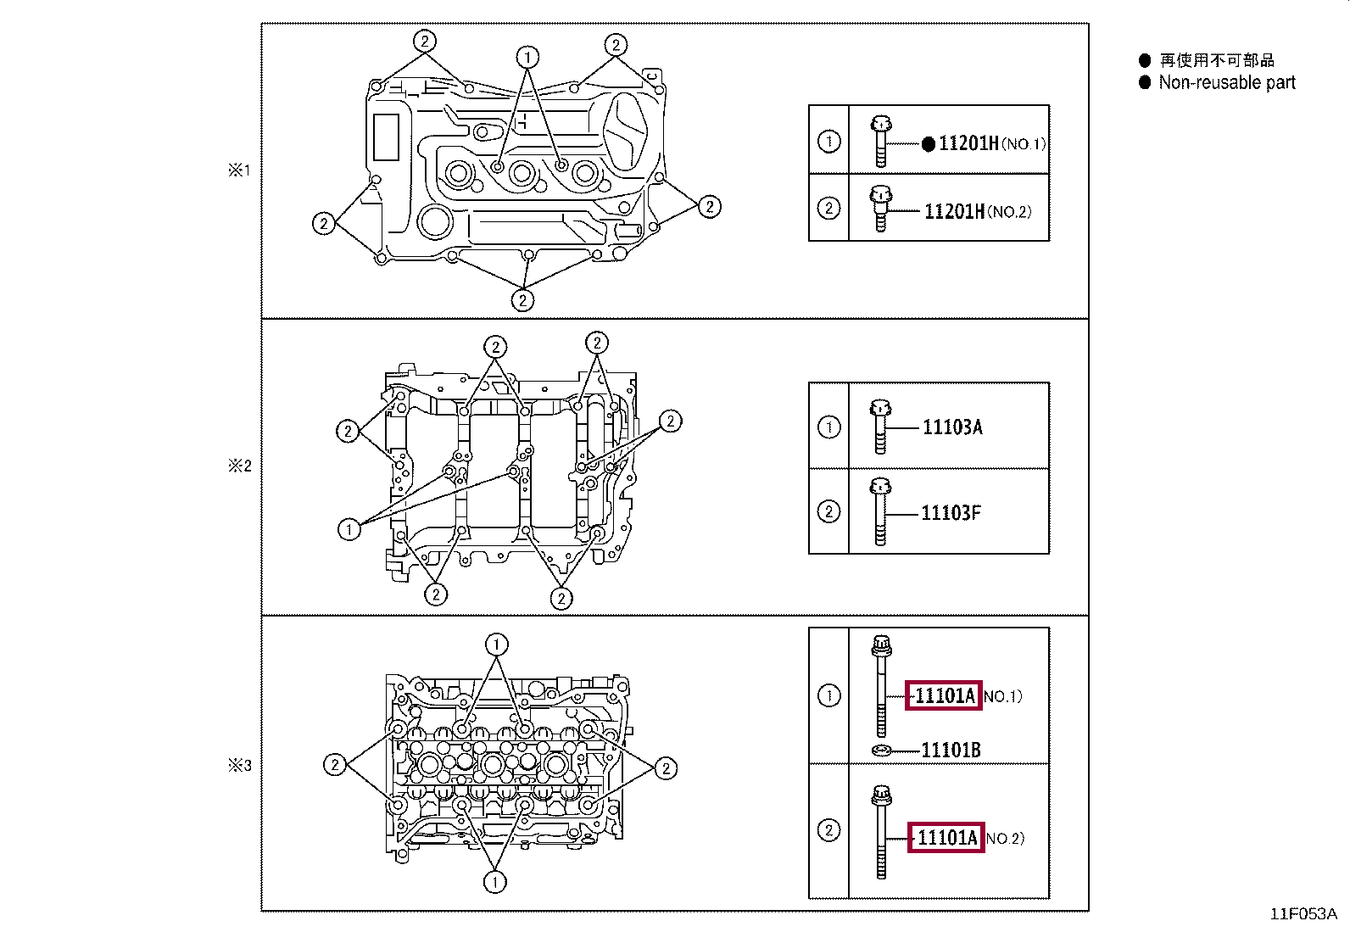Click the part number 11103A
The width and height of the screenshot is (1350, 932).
[x=952, y=427]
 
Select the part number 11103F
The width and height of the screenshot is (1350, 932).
[x=951, y=513]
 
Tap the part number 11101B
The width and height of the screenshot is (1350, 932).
[x=951, y=750]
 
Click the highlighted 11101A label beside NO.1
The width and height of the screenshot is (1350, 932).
[x=944, y=696]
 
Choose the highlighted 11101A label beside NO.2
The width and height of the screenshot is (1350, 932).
[x=946, y=838]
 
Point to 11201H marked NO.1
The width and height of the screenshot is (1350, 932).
[x=968, y=144]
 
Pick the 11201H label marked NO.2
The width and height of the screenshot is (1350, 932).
[x=955, y=212]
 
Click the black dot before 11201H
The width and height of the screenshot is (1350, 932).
[x=929, y=144]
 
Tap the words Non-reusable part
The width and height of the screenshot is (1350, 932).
[x=1227, y=82]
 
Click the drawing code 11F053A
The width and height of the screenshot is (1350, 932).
[x=1303, y=914]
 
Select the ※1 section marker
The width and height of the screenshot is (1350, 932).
[x=240, y=170]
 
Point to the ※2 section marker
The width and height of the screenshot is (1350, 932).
[x=240, y=466]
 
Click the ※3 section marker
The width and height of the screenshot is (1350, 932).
[x=240, y=765]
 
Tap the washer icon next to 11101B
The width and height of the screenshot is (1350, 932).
[x=882, y=750]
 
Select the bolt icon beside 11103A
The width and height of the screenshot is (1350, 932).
[x=880, y=426]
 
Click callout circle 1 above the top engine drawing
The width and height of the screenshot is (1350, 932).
[x=527, y=57]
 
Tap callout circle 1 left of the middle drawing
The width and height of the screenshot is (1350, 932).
[x=349, y=530]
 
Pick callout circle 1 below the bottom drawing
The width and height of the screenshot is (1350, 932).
[x=495, y=882]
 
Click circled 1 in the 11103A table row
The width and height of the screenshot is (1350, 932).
[x=829, y=427]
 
